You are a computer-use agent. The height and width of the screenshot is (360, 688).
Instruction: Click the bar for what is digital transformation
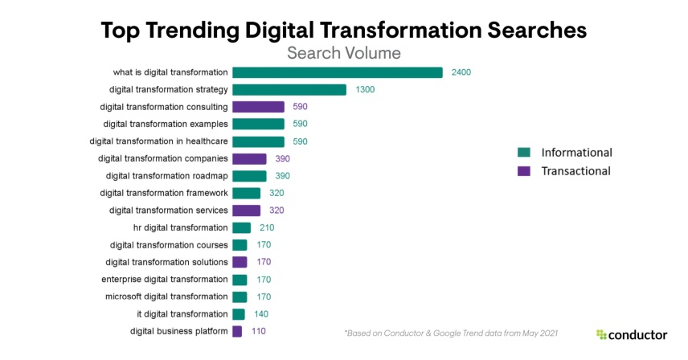[x=337, y=72]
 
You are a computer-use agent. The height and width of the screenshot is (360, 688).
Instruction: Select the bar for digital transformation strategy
[x=289, y=90]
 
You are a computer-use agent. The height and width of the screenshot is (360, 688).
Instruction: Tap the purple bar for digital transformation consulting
[x=258, y=107]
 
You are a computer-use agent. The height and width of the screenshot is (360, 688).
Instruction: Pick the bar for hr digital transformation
[x=241, y=228]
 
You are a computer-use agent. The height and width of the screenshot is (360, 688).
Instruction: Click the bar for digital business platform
[x=237, y=331]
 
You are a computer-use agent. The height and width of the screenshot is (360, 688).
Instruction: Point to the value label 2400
[x=461, y=72]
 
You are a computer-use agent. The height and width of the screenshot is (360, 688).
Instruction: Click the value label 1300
[x=365, y=90]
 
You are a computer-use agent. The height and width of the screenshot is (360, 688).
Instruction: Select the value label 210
[x=268, y=228]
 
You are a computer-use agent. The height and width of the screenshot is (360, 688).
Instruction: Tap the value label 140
[x=261, y=314]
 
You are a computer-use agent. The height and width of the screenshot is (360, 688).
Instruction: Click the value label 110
[x=258, y=331]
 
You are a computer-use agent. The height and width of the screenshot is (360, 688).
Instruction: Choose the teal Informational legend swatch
[x=524, y=153]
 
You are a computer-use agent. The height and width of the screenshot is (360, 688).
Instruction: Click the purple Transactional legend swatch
[x=524, y=171]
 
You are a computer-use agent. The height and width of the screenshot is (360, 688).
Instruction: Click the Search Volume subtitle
[x=344, y=53]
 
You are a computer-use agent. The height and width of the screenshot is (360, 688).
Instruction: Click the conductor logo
[x=632, y=334]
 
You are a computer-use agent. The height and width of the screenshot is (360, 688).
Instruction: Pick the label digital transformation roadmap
[x=166, y=176]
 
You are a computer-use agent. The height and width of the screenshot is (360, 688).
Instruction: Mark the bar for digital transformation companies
[x=249, y=159]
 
